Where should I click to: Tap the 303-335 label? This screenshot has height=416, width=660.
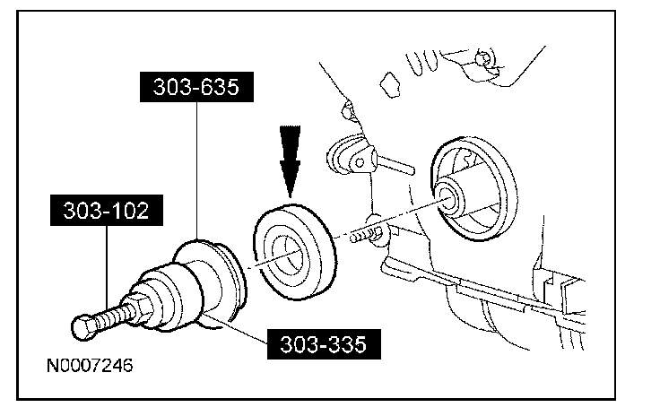tap(322, 343)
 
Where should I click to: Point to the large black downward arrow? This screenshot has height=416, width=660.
tap(290, 160)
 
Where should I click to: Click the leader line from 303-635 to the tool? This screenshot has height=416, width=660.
tap(197, 170)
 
